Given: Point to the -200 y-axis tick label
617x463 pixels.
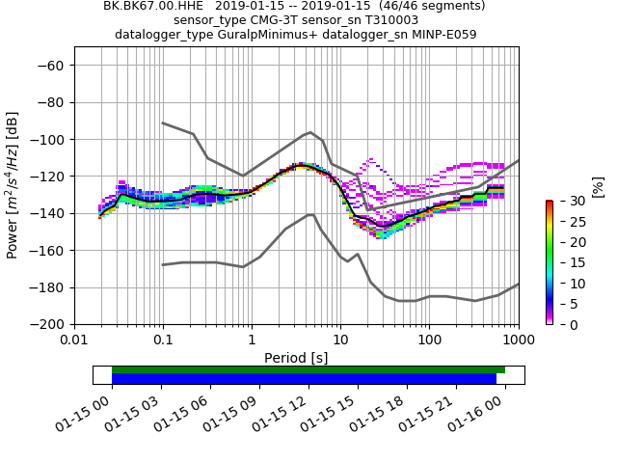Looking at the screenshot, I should pos(51,325).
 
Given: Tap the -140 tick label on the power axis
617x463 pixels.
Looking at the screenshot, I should pos(51,213).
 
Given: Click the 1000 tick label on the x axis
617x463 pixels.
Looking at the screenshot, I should pos(518,340).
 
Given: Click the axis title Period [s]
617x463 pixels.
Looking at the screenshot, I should pos(296,358).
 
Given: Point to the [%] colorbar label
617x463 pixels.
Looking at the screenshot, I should pos(597,186).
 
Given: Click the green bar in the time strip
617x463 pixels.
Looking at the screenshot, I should pos(308,369).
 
